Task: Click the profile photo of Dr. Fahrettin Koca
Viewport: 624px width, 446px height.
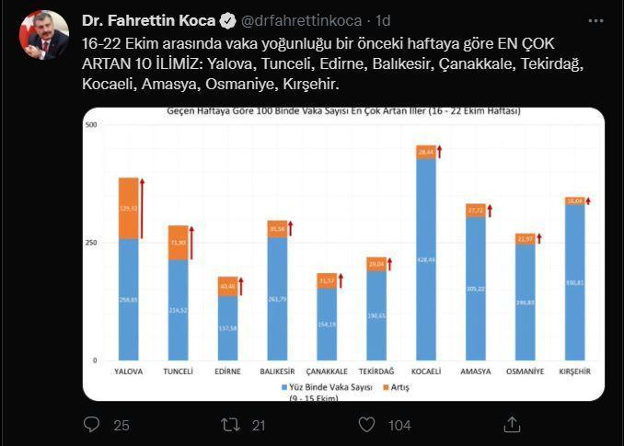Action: point(44,35)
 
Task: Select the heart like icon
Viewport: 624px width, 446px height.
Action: point(367,424)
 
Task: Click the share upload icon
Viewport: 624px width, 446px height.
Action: point(512,424)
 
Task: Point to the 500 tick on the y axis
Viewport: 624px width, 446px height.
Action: point(91,124)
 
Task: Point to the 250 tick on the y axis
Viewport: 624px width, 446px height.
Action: point(91,243)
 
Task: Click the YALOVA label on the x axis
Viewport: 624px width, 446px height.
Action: point(128,372)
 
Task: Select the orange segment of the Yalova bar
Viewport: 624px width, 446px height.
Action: point(128,208)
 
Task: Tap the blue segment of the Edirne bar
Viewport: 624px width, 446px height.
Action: point(227,327)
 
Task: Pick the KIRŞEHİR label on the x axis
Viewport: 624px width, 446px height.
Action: point(575,372)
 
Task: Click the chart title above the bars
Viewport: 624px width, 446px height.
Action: point(342,112)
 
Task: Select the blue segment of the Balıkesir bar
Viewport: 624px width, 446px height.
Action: point(277,298)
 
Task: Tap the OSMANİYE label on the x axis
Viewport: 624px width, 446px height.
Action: point(525,372)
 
